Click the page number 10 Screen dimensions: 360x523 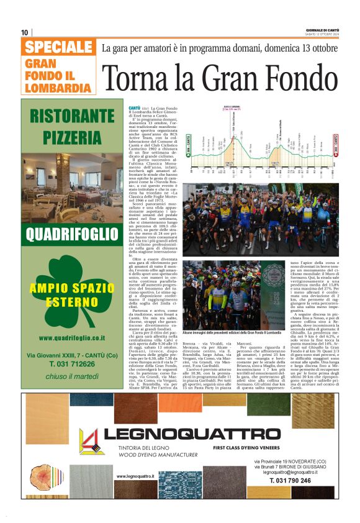tap(25, 32)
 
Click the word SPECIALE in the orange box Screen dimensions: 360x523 tap(59, 48)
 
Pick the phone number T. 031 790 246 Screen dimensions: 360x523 tap(290, 481)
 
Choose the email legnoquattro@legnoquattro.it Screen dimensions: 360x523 tap(290, 472)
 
